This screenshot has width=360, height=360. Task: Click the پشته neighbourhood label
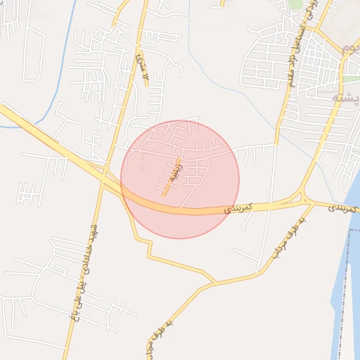tap(345, 98)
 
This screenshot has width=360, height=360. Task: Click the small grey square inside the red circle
tap(143, 169)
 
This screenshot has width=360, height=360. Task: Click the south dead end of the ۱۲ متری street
tap(147, 85)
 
